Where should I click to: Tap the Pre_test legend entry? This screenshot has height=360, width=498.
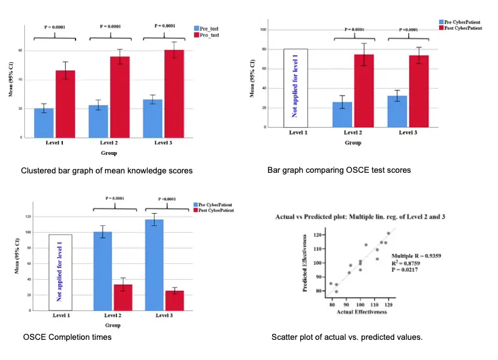pos(209,28)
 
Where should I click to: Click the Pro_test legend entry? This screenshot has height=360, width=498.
pos(209,35)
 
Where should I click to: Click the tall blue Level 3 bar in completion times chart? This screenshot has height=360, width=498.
pos(154,265)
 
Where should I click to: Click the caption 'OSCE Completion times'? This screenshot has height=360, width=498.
pos(68,337)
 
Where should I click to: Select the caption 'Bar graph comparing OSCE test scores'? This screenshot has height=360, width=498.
pos(339,170)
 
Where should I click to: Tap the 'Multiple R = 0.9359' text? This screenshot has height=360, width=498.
pos(416,255)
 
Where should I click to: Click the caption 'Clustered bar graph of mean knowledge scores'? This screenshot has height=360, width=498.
pos(107,170)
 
